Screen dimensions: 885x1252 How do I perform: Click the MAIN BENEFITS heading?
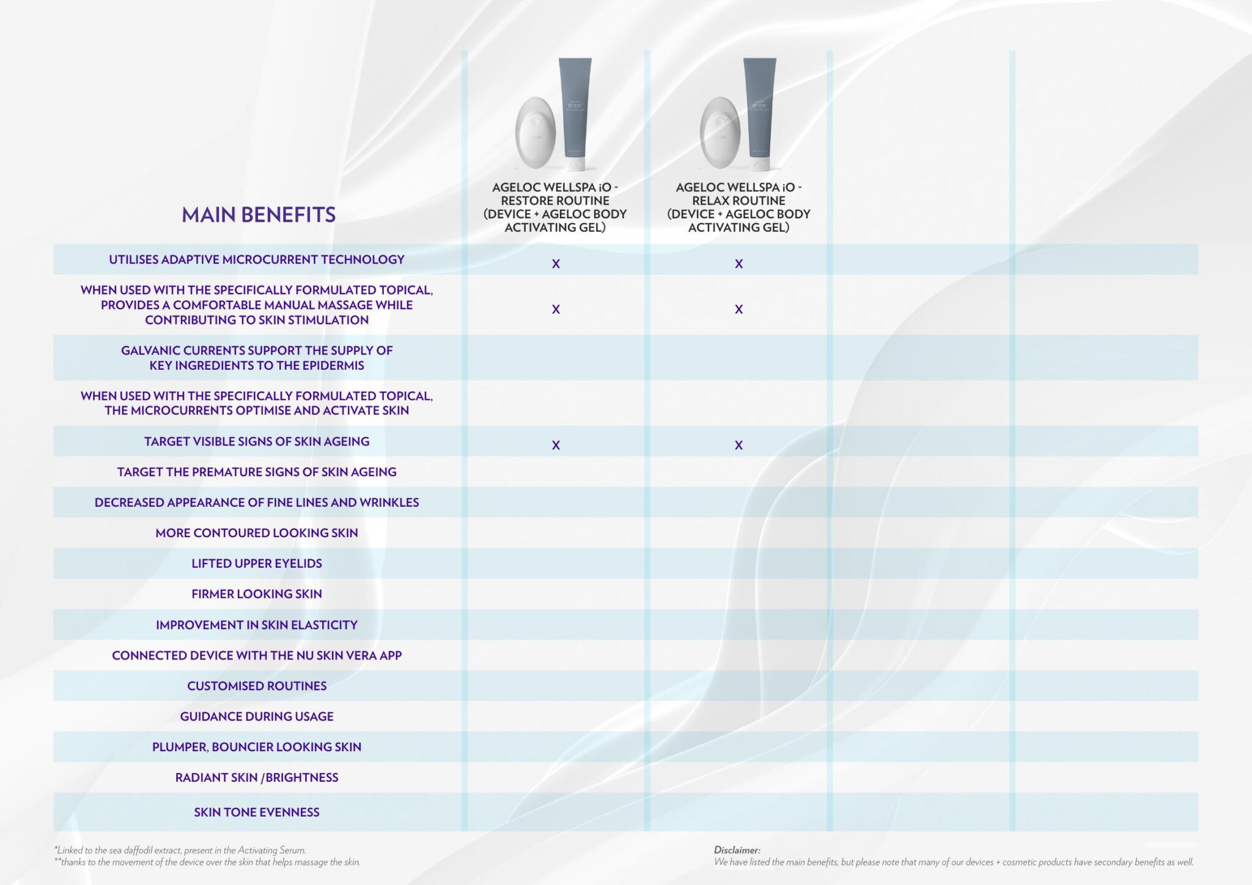pos(259,215)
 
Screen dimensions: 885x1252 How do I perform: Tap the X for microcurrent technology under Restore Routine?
pos(556,264)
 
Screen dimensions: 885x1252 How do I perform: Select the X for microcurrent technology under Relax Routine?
pos(738,264)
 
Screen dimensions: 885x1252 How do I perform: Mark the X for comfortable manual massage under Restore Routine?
pos(556,309)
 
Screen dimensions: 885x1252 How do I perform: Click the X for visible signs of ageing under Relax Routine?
pos(738,445)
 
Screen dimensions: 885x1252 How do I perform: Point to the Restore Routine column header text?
pos(555,207)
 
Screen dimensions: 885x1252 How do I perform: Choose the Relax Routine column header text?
pos(738,207)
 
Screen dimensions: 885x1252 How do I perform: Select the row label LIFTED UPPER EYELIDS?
pos(257,564)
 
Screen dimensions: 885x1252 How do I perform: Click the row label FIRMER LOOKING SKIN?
pos(257,594)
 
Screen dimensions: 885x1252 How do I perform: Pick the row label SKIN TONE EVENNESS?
pos(257,812)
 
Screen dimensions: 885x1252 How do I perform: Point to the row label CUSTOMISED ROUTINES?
pos(257,686)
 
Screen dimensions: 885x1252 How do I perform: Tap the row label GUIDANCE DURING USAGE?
pos(257,716)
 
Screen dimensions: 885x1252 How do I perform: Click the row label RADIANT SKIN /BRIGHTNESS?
pos(257,777)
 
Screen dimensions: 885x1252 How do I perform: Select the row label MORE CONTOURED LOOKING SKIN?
pos(257,533)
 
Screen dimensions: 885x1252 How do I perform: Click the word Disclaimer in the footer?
pos(737,850)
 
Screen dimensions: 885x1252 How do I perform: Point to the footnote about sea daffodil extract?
pos(180,850)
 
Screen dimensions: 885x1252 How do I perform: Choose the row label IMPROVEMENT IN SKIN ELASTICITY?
pos(257,625)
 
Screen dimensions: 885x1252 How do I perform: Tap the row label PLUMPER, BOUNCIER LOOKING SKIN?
pos(257,747)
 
